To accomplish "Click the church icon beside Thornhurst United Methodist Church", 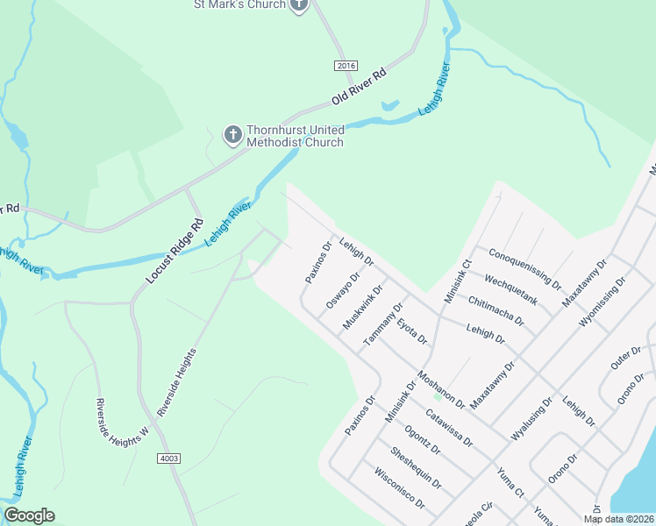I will point(232,134).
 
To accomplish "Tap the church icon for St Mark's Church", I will point(299,4).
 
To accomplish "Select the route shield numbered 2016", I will point(346,66).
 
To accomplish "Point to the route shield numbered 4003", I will point(170,458).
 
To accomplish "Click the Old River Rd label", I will point(359,88).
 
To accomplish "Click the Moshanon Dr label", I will point(441,388).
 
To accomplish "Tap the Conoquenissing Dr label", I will point(525,267).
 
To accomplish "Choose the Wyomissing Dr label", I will point(603,302).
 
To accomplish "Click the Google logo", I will point(29,515).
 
